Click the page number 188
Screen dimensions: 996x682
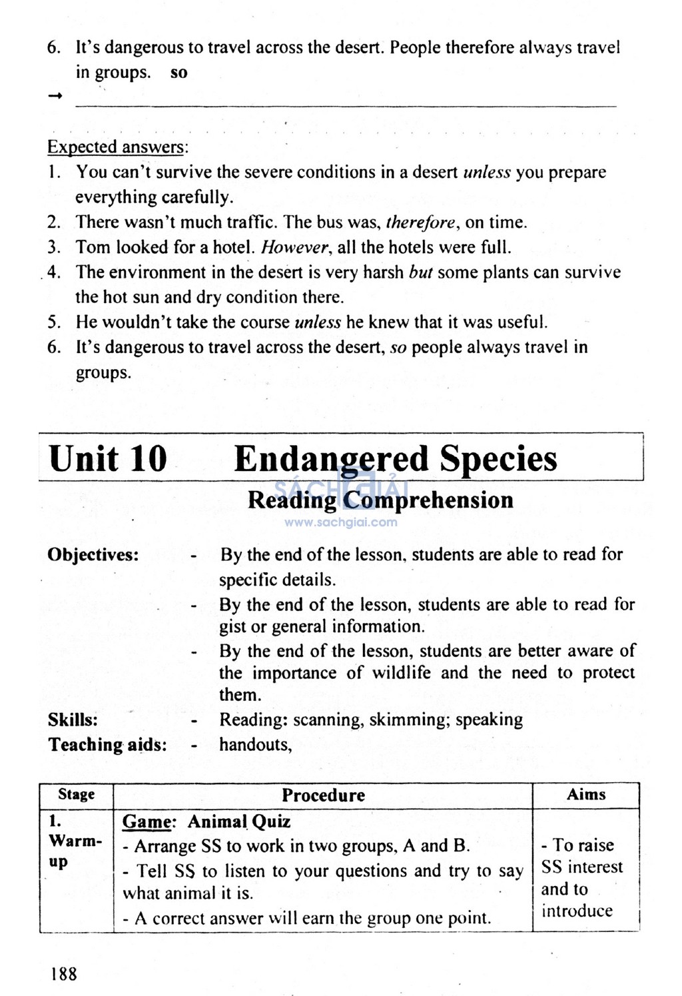[64, 974]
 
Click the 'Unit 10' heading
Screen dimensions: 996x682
[108, 459]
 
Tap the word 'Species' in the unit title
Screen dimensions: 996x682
[498, 459]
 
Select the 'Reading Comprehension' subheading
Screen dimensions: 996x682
[380, 500]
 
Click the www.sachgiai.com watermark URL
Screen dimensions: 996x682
[340, 522]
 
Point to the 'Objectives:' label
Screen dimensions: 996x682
[93, 555]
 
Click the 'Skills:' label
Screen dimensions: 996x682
[73, 720]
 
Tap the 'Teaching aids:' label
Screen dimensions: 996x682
[107, 745]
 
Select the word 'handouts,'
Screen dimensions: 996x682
[256, 745]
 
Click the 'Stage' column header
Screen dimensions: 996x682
[76, 795]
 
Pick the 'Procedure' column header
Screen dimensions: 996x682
[323, 795]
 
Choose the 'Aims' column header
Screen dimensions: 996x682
[586, 795]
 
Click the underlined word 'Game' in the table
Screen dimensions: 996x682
[147, 821]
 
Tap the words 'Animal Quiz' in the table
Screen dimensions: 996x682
[239, 821]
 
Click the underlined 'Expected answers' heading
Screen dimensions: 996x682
[115, 147]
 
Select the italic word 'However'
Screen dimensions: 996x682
[295, 248]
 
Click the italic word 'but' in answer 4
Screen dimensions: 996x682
[420, 272]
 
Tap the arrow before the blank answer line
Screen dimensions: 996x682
[55, 97]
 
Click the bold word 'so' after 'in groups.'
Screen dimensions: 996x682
[179, 73]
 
